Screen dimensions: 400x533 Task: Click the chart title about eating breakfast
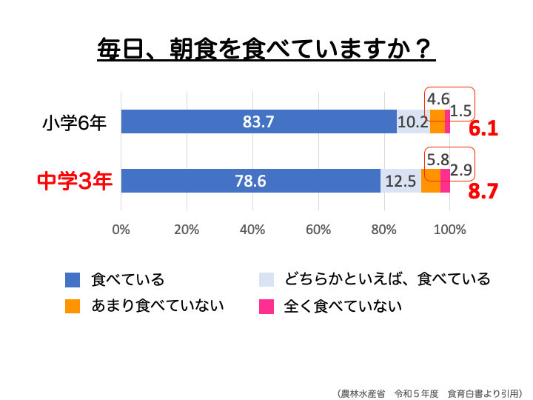tap(266, 50)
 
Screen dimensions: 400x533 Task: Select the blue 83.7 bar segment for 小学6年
tap(258, 121)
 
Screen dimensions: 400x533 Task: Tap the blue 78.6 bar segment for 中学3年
tap(250, 181)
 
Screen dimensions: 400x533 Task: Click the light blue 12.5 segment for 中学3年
tap(400, 181)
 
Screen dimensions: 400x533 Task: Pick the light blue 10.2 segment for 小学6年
tap(412, 121)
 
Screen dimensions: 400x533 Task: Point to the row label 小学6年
tap(74, 121)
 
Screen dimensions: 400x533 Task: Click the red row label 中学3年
tap(75, 181)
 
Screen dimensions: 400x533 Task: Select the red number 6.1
tap(483, 129)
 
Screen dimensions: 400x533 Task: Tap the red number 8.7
tap(483, 192)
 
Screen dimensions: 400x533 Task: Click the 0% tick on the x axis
tap(121, 230)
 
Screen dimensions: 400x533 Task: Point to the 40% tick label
tap(252, 230)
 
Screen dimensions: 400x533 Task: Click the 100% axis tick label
tap(449, 230)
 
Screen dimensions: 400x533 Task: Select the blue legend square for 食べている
tap(73, 279)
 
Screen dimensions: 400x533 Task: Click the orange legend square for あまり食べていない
tap(73, 305)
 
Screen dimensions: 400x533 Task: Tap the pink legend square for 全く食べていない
tap(266, 305)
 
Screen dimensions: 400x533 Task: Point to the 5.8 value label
tap(438, 159)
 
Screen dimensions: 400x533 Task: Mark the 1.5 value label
tap(461, 111)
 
